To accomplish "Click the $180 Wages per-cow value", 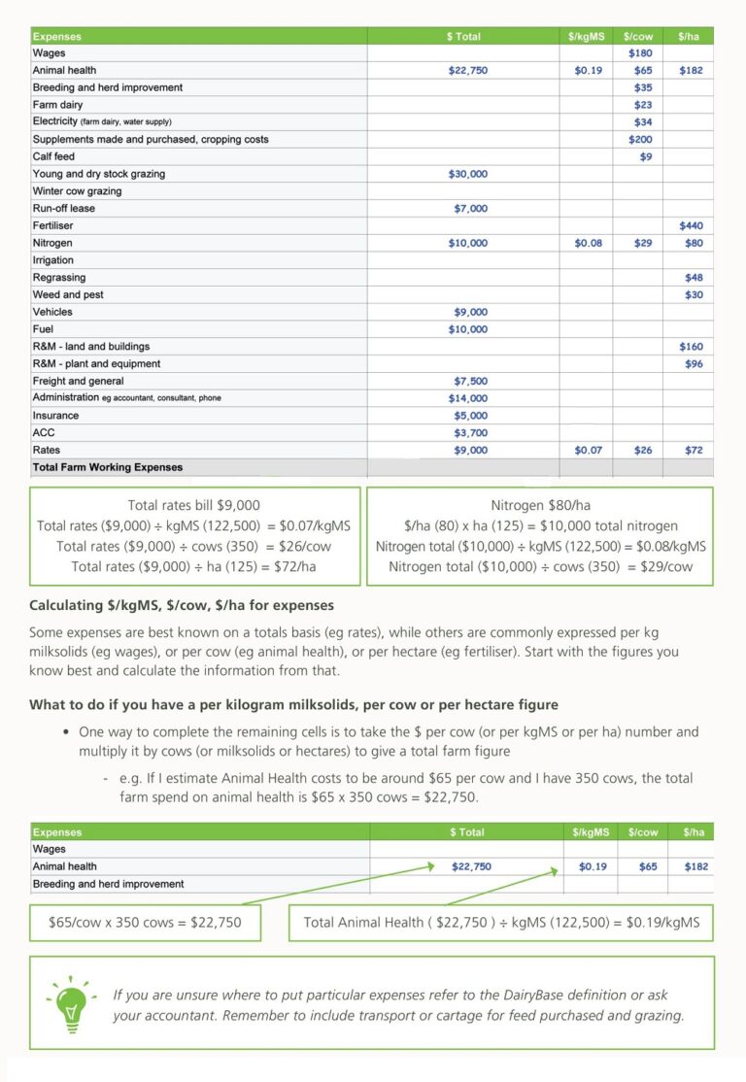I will pyautogui.click(x=640, y=53).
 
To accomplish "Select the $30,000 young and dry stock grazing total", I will pyautogui.click(x=467, y=174).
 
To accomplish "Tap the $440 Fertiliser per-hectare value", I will pyautogui.click(x=691, y=225).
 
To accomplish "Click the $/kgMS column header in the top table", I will pyautogui.click(x=586, y=36).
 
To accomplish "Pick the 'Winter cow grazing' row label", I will pyautogui.click(x=76, y=191).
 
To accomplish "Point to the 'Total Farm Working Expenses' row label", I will pyautogui.click(x=107, y=467).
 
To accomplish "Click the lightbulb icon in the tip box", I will pyautogui.click(x=70, y=1003).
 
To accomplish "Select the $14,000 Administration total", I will pyautogui.click(x=467, y=398).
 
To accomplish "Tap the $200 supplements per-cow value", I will pyautogui.click(x=640, y=139).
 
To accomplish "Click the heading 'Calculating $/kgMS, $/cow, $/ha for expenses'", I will pyautogui.click(x=182, y=605).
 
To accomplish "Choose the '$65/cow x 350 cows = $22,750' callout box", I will pyautogui.click(x=145, y=922).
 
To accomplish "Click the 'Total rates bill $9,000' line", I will pyautogui.click(x=193, y=505).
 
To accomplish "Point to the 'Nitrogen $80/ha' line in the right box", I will pyautogui.click(x=540, y=505).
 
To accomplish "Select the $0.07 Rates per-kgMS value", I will pyautogui.click(x=588, y=450).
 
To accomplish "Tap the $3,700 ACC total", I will pyautogui.click(x=470, y=433).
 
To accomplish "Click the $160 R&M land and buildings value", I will pyautogui.click(x=691, y=347).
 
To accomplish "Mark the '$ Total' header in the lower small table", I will pyautogui.click(x=466, y=832).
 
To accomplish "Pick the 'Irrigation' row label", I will pyautogui.click(x=53, y=260).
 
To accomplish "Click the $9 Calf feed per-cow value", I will pyautogui.click(x=646, y=156).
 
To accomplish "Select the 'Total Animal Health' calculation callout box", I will pyautogui.click(x=500, y=922).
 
